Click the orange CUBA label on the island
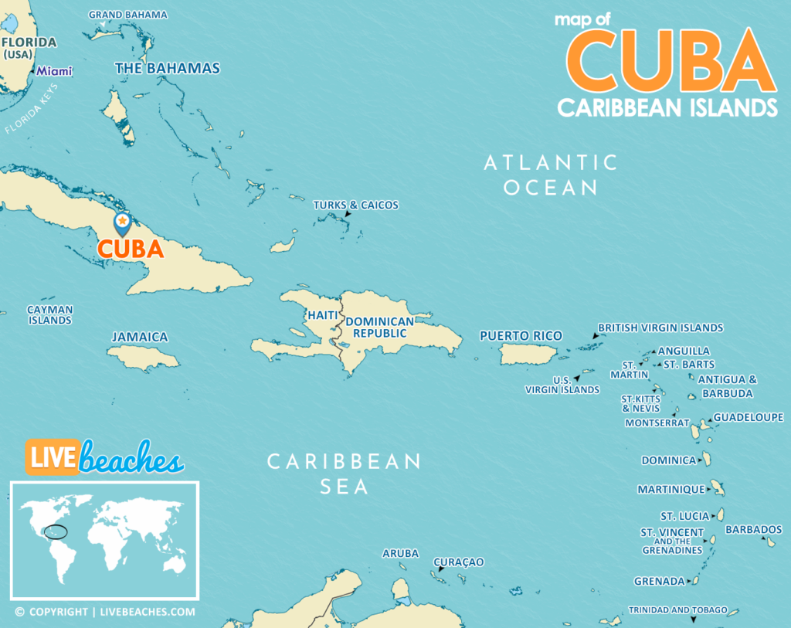pyautogui.click(x=130, y=249)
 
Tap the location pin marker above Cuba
pyautogui.click(x=122, y=222)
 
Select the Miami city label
pyautogui.click(x=55, y=71)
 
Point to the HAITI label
pyautogui.click(x=322, y=315)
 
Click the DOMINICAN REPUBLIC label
pyautogui.click(x=379, y=327)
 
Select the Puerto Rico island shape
pyautogui.click(x=529, y=354)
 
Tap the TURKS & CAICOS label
pyautogui.click(x=355, y=205)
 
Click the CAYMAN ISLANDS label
pyautogui.click(x=50, y=314)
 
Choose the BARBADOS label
pyautogui.click(x=753, y=530)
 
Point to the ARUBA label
pyautogui.click(x=400, y=553)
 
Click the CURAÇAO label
pyautogui.click(x=458, y=562)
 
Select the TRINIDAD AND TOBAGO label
pyautogui.click(x=677, y=609)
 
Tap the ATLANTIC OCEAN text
pyautogui.click(x=551, y=175)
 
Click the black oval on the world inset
pyautogui.click(x=55, y=531)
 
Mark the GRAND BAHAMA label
pyautogui.click(x=127, y=15)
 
